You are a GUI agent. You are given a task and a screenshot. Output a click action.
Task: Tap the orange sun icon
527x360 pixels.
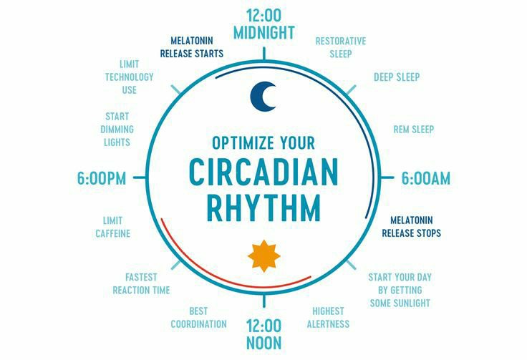pos(264,256)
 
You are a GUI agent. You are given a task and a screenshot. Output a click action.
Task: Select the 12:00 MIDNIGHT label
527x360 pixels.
pos(264,24)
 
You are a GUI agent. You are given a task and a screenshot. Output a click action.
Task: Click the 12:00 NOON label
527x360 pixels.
pos(263,334)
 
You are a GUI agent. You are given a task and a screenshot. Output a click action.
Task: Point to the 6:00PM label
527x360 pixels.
pos(102,178)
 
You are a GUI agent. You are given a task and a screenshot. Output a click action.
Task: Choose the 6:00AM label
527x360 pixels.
pos(426,178)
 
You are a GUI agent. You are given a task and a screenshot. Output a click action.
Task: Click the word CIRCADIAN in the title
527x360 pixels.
pos(263,172)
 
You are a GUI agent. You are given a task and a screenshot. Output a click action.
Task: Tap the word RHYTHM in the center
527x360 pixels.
pos(263,208)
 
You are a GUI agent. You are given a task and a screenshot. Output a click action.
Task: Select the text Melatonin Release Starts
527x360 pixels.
pos(192,47)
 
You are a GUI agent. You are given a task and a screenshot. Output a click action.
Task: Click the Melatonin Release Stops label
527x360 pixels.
pos(412,227)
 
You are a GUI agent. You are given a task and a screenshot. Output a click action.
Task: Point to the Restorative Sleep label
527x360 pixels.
pos(340,47)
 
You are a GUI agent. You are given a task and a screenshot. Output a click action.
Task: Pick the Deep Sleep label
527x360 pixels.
pos(397,77)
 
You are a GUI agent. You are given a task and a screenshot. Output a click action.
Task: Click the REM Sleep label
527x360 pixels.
pos(414,130)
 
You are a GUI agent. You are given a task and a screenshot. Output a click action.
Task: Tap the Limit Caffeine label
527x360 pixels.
pos(112,227)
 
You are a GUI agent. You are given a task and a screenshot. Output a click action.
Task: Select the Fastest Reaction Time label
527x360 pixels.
pos(141,283)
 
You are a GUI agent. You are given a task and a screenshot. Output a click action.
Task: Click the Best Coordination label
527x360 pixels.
pos(198,317)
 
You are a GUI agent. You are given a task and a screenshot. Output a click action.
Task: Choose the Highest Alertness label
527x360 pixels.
pos(328,317)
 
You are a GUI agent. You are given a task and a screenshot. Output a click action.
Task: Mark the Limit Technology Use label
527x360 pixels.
pos(129,77)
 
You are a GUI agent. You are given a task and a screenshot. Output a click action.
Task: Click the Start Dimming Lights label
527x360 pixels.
pos(117,130)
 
